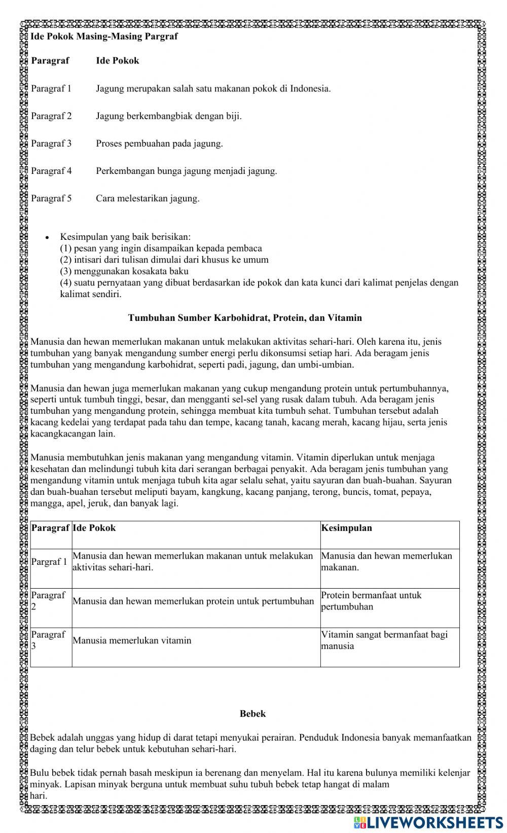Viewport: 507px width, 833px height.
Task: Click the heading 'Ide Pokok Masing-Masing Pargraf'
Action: pyautogui.click(x=104, y=37)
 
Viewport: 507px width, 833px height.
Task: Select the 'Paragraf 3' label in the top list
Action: pyautogui.click(x=51, y=143)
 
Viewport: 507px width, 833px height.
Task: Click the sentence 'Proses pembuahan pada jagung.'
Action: pyautogui.click(x=159, y=143)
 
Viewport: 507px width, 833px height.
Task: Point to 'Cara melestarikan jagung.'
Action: pyautogui.click(x=148, y=198)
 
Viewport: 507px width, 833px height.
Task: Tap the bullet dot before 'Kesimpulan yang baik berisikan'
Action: pyautogui.click(x=47, y=237)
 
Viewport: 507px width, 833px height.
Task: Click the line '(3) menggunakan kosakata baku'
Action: pyautogui.click(x=124, y=271)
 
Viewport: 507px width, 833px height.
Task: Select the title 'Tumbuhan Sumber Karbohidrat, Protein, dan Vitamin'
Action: pyautogui.click(x=245, y=318)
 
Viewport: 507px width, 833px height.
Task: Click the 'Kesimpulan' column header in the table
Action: pyautogui.click(x=346, y=528)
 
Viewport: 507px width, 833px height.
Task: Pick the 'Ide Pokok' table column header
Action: pyautogui.click(x=94, y=528)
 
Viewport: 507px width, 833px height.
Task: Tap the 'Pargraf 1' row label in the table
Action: pyautogui.click(x=49, y=561)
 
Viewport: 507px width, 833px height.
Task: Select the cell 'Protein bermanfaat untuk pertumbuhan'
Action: pyautogui.click(x=371, y=601)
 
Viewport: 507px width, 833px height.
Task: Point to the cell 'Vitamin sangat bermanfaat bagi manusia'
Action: pyautogui.click(x=384, y=640)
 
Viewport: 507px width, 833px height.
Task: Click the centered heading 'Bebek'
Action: pyautogui.click(x=252, y=713)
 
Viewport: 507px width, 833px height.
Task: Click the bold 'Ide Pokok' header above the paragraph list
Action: pyautogui.click(x=117, y=61)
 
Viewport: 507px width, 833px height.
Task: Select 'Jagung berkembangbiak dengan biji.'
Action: pyautogui.click(x=169, y=116)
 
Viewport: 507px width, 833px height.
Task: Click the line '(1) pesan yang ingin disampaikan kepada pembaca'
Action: pyautogui.click(x=161, y=248)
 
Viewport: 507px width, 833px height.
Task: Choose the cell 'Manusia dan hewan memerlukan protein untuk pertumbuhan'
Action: pyautogui.click(x=193, y=601)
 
